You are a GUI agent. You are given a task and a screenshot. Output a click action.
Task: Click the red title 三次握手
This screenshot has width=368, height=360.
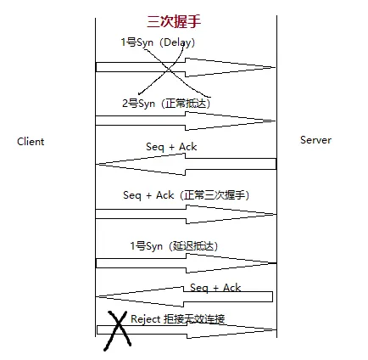coord(174,21)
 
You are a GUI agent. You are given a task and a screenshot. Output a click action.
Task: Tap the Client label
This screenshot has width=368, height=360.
coord(31,142)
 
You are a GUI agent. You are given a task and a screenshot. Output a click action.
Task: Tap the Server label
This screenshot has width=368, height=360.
coord(315,140)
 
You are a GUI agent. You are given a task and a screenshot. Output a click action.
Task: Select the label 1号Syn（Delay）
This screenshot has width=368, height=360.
coord(158,42)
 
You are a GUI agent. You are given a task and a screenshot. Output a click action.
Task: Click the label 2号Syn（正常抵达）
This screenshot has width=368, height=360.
coord(166,104)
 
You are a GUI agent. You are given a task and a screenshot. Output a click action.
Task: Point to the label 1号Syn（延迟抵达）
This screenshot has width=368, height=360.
coord(174,245)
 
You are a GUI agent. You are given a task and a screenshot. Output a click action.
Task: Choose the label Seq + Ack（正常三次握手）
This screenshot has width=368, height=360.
coord(187,195)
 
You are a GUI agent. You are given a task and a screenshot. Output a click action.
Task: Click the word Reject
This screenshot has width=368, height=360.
coord(146,319)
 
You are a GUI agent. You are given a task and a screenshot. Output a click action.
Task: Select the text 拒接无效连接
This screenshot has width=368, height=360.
coord(194,319)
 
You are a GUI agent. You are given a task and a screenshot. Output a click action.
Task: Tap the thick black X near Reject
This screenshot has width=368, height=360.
coord(118,330)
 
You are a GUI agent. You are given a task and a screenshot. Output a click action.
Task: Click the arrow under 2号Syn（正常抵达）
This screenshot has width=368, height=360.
coord(186,121)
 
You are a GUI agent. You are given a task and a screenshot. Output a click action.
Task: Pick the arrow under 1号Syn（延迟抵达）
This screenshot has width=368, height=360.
coord(186,263)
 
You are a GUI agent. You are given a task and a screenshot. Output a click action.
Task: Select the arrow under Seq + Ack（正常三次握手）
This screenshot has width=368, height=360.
coord(186,214)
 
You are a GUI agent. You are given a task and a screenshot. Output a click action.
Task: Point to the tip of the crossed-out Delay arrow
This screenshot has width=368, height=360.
coord(276,67)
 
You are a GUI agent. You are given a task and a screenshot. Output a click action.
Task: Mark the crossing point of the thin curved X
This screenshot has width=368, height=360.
coord(169,70)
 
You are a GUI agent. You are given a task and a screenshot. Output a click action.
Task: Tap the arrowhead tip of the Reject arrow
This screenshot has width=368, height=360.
coord(276,329)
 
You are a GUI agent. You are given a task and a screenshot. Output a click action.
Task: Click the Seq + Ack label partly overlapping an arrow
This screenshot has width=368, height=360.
coord(215,288)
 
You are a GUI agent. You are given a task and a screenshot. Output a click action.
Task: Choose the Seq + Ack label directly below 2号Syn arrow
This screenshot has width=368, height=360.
coord(171,147)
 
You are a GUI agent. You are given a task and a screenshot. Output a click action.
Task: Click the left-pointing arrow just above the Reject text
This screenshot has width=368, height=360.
coord(184,296)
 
